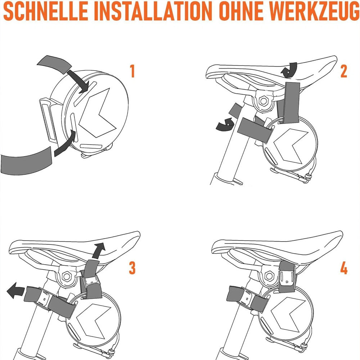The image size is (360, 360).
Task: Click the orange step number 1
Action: point(132,71)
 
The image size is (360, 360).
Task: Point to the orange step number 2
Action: point(344,71)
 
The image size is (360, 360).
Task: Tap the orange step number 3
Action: point(132,268)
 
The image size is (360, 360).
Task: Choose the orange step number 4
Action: point(344,268)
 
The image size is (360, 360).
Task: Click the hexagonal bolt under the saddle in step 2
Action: point(263,100)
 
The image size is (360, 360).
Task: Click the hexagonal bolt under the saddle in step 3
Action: point(66,276)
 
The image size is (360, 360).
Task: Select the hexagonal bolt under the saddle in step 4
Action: point(269,276)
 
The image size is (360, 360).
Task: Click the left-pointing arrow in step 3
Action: point(15,291)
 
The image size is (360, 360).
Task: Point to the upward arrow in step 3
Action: point(98,251)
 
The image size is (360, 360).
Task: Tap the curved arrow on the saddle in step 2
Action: point(289,70)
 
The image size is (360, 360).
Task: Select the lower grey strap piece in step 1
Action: point(26,160)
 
